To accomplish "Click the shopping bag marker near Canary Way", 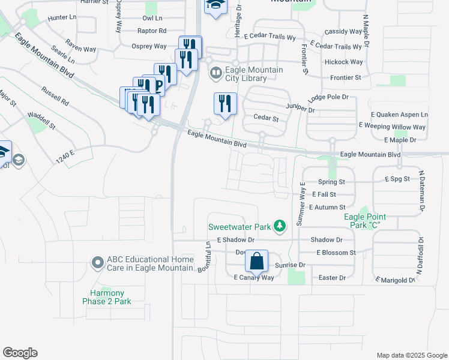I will click(256, 262).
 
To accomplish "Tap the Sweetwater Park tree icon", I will click(279, 226).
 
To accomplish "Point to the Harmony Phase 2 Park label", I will click(107, 297).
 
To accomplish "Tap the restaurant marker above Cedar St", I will click(225, 104).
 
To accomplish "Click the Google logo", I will click(20, 353).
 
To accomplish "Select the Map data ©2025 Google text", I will click(411, 355).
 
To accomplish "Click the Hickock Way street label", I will click(343, 62).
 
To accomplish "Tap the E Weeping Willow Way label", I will click(392, 127).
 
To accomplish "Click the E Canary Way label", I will click(253, 278).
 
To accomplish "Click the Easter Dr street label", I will click(333, 278).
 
